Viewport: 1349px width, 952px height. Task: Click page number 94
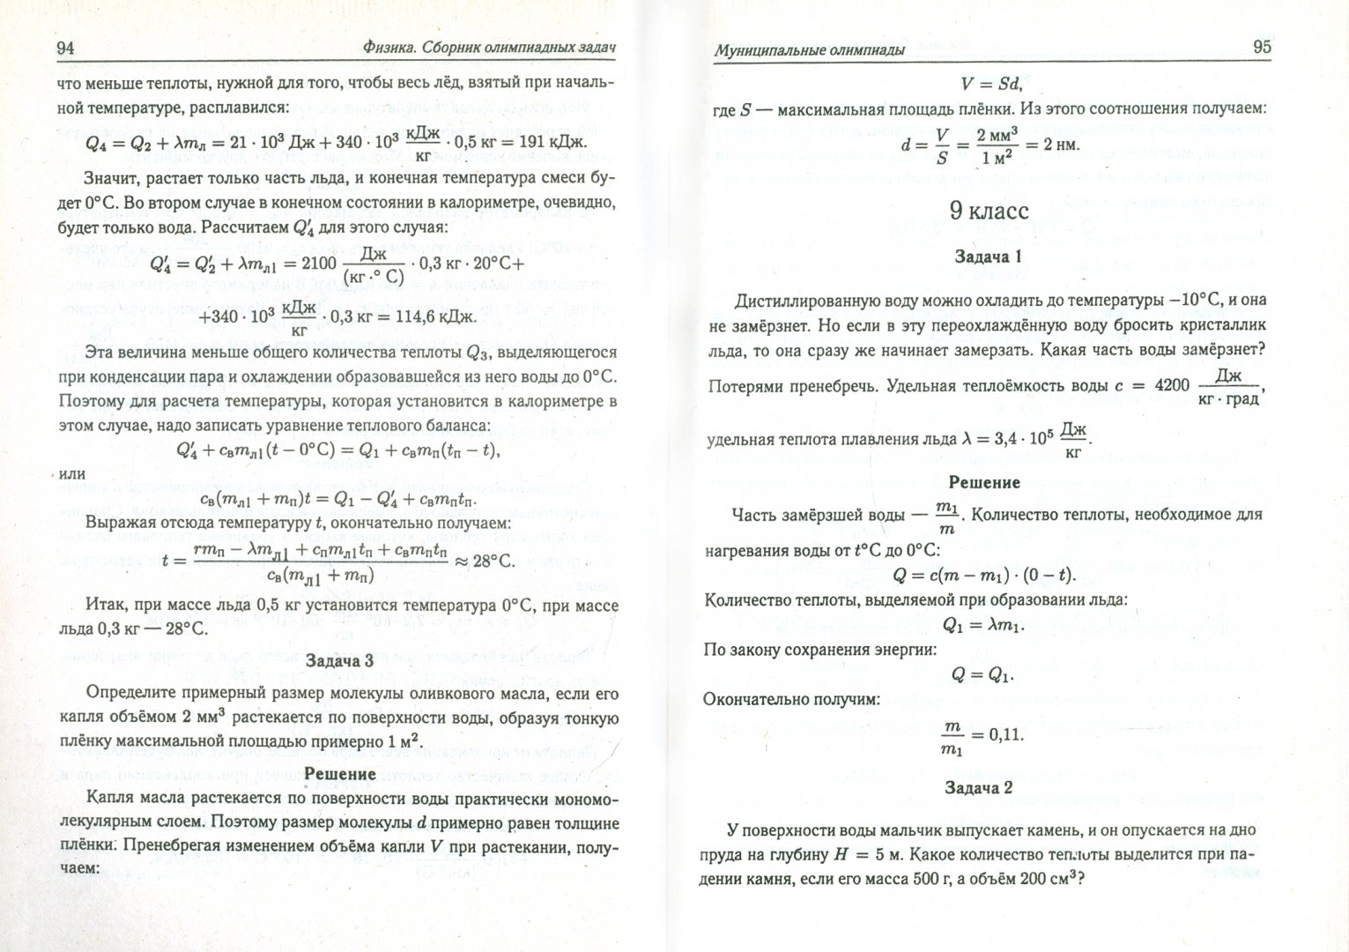[x=64, y=48]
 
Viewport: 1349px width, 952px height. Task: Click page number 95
[x=1262, y=47]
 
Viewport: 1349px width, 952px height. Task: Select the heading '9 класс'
[x=988, y=211]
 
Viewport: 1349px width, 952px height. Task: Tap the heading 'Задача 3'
[x=339, y=660]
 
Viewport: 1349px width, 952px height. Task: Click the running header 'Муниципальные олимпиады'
[x=809, y=50]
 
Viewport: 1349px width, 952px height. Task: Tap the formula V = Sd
[x=990, y=84]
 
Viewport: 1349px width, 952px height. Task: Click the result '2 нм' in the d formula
[x=1060, y=145]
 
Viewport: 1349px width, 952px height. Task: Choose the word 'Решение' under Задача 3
[x=339, y=773]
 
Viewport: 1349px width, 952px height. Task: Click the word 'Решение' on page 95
[x=983, y=482]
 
